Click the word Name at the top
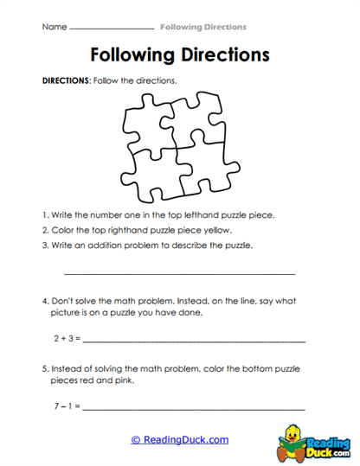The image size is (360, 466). (x=53, y=28)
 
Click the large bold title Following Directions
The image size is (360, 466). (x=179, y=55)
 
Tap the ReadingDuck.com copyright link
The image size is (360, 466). (x=180, y=440)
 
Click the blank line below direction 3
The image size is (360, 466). (x=179, y=274)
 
